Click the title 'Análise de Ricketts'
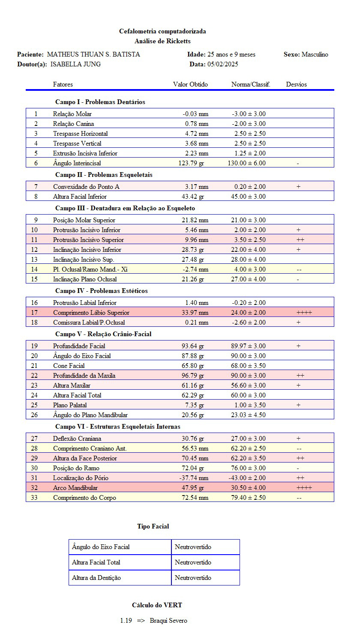pyautogui.click(x=162, y=41)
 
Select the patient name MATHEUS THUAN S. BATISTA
pyautogui.click(x=93, y=54)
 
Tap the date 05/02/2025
pyautogui.click(x=223, y=64)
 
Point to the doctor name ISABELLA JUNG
pyautogui.click(x=76, y=64)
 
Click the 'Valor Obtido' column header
pyautogui.click(x=190, y=84)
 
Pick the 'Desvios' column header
pyautogui.click(x=297, y=84)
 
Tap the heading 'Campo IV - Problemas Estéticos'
pyautogui.click(x=102, y=291)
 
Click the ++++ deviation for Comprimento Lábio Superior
pyautogui.click(x=304, y=313)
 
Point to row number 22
pyautogui.click(x=36, y=376)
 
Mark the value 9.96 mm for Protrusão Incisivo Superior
pyautogui.click(x=195, y=240)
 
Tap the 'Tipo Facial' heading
pyautogui.click(x=153, y=526)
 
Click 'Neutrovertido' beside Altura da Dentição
pyautogui.click(x=193, y=578)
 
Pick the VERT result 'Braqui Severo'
pyautogui.click(x=168, y=621)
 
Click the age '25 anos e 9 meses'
pyautogui.click(x=231, y=54)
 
